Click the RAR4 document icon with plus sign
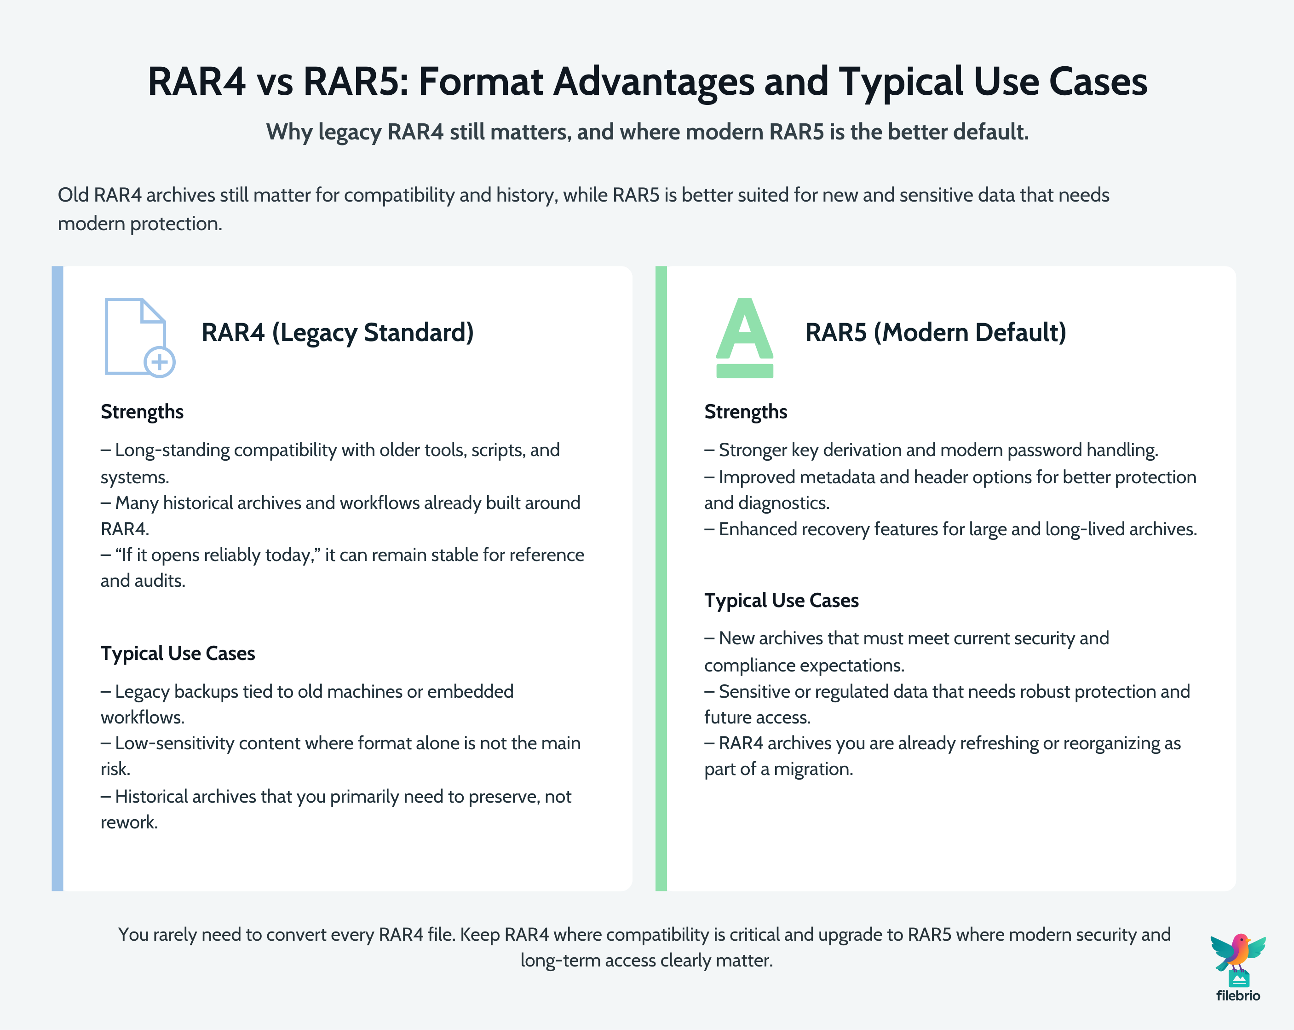pos(139,337)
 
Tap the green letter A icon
pos(744,337)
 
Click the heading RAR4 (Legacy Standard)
pos(337,333)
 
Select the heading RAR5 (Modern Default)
pos(935,333)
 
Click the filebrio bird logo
pos(1237,955)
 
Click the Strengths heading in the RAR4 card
pos(142,412)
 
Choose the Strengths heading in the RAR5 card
pos(745,412)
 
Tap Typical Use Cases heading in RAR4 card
pos(178,654)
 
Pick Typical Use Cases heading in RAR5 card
pos(782,601)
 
